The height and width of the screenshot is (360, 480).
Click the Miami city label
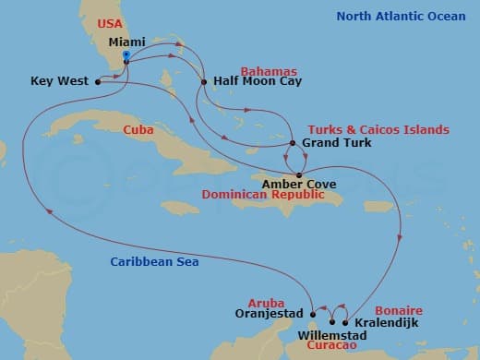point(126,43)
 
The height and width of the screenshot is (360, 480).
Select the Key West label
point(59,81)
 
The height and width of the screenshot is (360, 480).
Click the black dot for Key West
point(97,81)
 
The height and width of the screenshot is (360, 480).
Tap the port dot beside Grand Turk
point(293,143)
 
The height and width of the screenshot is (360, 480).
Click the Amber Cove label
point(299,185)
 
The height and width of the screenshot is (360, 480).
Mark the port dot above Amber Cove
point(298,174)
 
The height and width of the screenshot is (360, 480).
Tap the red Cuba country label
point(138,131)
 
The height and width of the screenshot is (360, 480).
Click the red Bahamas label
point(268,70)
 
